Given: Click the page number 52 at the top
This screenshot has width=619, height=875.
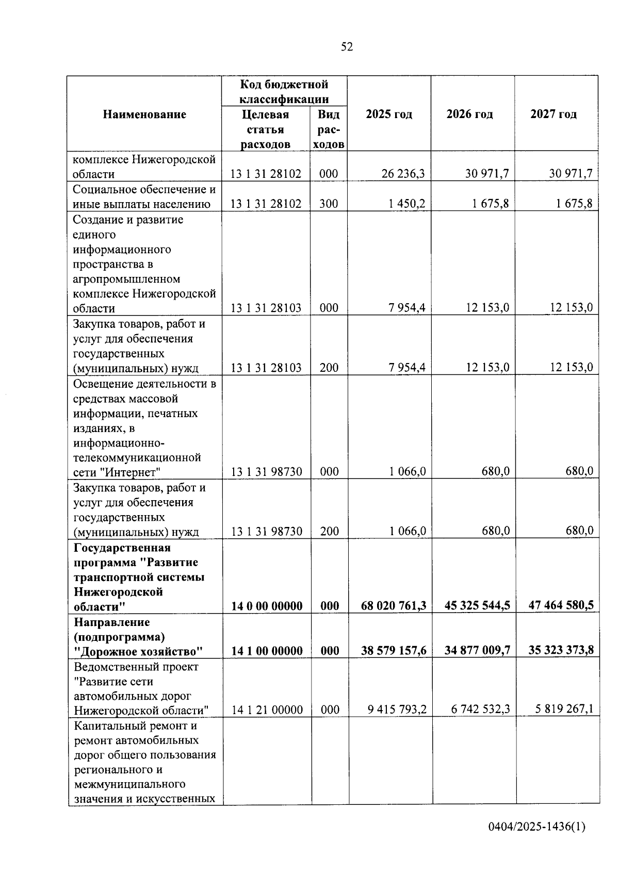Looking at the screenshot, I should pyautogui.click(x=347, y=47).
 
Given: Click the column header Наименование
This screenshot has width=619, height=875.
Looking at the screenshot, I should pyautogui.click(x=144, y=114).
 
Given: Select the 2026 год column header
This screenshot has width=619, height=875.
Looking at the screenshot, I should pyautogui.click(x=469, y=114).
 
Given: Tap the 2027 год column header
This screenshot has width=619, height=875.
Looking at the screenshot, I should pyautogui.click(x=553, y=114).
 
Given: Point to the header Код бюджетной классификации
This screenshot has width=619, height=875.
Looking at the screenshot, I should pyautogui.click(x=284, y=91).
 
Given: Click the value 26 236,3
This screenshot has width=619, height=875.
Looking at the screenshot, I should pyautogui.click(x=403, y=174).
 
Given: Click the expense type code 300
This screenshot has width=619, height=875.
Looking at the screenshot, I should pyautogui.click(x=329, y=204).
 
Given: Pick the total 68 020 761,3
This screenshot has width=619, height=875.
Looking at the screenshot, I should pyautogui.click(x=394, y=605).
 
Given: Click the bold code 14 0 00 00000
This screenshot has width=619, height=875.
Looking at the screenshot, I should pyautogui.click(x=267, y=606).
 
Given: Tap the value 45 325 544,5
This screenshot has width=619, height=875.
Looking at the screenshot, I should pyautogui.click(x=477, y=605).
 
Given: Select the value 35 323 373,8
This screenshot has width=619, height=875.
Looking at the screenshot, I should pyautogui.click(x=561, y=650).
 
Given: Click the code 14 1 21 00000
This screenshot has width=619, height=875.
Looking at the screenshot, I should pyautogui.click(x=267, y=710).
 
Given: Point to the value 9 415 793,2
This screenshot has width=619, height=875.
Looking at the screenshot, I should pyautogui.click(x=397, y=709).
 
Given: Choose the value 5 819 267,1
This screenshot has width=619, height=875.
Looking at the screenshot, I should pyautogui.click(x=564, y=709).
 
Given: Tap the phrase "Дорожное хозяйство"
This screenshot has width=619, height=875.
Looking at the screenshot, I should pyautogui.click(x=138, y=651).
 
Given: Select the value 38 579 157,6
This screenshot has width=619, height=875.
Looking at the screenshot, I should pyautogui.click(x=394, y=650).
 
